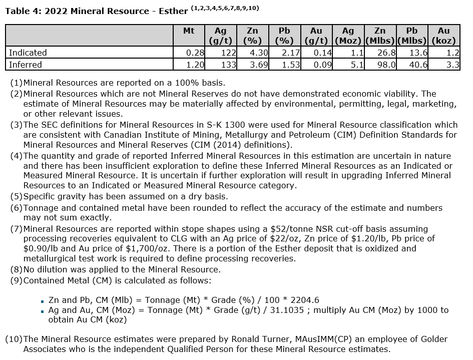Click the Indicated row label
click(x=28, y=53)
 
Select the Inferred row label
click(x=26, y=65)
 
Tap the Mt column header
click(x=189, y=31)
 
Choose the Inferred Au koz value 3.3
click(x=452, y=65)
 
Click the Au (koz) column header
click(x=443, y=36)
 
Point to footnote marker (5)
click(x=16, y=196)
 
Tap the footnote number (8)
click(x=16, y=269)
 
